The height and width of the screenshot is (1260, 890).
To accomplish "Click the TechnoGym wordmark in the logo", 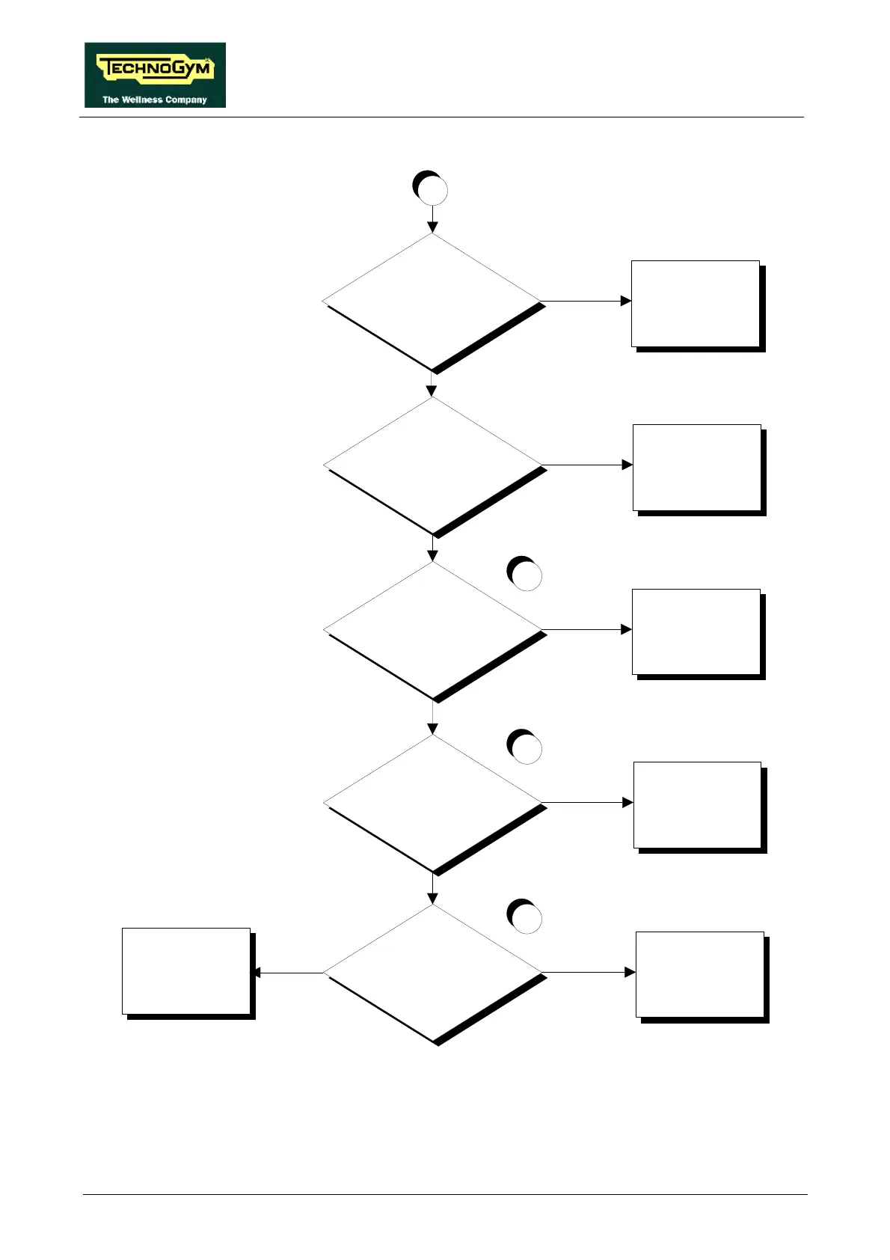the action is (x=155, y=70).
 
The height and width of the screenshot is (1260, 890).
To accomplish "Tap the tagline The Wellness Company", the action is (x=155, y=100).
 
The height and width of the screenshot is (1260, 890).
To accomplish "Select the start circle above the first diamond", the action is (x=431, y=189).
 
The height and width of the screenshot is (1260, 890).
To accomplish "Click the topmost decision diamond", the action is (x=432, y=302).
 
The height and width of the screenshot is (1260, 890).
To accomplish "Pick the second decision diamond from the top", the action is (x=432, y=465).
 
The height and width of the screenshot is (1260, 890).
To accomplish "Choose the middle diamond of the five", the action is (x=432, y=630).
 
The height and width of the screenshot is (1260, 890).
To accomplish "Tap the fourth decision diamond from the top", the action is (x=432, y=803).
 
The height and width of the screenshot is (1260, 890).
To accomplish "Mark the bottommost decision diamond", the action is (x=432, y=973).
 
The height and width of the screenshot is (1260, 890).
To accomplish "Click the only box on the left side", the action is (x=187, y=971).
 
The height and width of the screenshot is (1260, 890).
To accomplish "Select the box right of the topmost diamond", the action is (x=696, y=304).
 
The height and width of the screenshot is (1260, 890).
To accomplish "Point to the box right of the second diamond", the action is (x=697, y=468).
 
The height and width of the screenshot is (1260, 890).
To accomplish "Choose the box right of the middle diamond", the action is (x=696, y=632).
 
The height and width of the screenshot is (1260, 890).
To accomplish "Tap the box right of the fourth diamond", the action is (x=698, y=805).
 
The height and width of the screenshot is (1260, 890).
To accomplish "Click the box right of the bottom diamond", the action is (x=700, y=975).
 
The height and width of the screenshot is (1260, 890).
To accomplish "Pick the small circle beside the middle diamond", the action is (x=525, y=574).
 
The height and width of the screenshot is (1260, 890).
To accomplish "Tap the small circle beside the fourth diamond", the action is (x=525, y=747).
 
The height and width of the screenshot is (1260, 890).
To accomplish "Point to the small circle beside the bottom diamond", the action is (x=525, y=917).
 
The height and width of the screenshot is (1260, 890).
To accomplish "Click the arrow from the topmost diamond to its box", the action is (x=586, y=302).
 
